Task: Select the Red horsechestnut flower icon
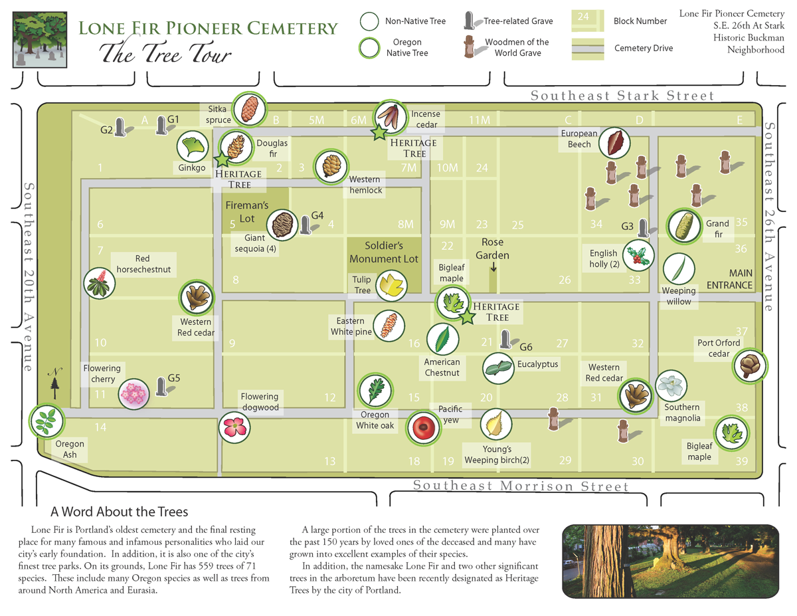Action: (x=100, y=284)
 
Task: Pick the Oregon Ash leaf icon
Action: (x=46, y=421)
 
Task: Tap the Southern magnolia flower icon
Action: (x=671, y=385)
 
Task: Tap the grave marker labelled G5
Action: (x=161, y=387)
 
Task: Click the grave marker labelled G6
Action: (x=505, y=340)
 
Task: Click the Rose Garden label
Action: (x=492, y=249)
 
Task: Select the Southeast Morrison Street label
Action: (x=520, y=486)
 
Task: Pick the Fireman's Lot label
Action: (x=246, y=211)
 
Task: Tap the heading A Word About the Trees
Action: (x=120, y=512)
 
